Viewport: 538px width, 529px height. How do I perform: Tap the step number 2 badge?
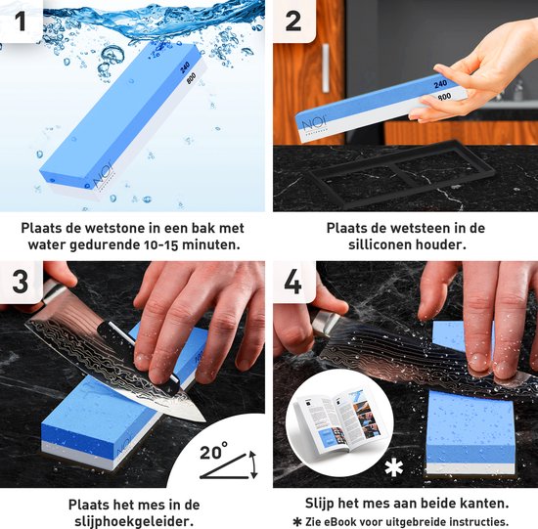(292, 20)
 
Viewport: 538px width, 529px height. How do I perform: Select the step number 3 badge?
(21, 284)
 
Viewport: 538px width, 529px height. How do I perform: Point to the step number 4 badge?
(292, 284)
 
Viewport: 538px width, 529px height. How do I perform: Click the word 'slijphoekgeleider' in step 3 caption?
(133, 521)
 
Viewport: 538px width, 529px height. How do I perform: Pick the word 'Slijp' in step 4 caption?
(314, 503)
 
